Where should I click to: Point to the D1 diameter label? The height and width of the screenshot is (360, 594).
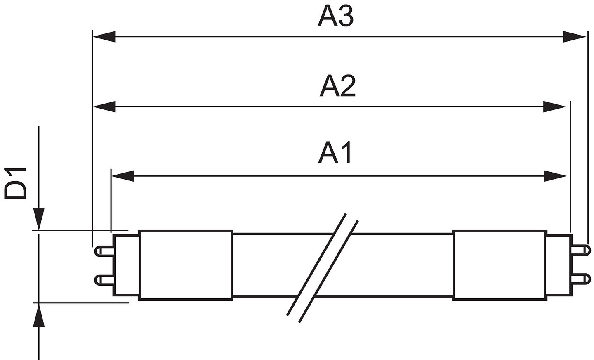[x=16, y=183]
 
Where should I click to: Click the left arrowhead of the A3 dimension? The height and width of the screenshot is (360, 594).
[x=104, y=37]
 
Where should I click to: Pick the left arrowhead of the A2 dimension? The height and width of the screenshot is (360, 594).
[x=104, y=107]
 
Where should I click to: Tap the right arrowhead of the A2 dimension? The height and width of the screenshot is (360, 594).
[x=554, y=107]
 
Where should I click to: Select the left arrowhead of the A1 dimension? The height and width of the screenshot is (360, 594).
[x=123, y=176]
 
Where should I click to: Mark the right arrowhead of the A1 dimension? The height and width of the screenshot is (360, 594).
[x=555, y=176]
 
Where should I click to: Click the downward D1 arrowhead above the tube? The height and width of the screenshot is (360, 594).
[x=39, y=219]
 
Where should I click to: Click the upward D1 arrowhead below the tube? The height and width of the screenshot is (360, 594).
[x=39, y=314]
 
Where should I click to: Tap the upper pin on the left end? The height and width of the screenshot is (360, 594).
[x=104, y=251]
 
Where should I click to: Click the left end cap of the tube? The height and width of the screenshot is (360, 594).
[x=126, y=265]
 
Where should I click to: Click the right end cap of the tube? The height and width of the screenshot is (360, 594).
[x=559, y=265]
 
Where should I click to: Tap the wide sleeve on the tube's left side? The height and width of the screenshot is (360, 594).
[x=186, y=265]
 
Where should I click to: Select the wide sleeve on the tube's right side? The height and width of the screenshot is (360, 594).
[x=500, y=265]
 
